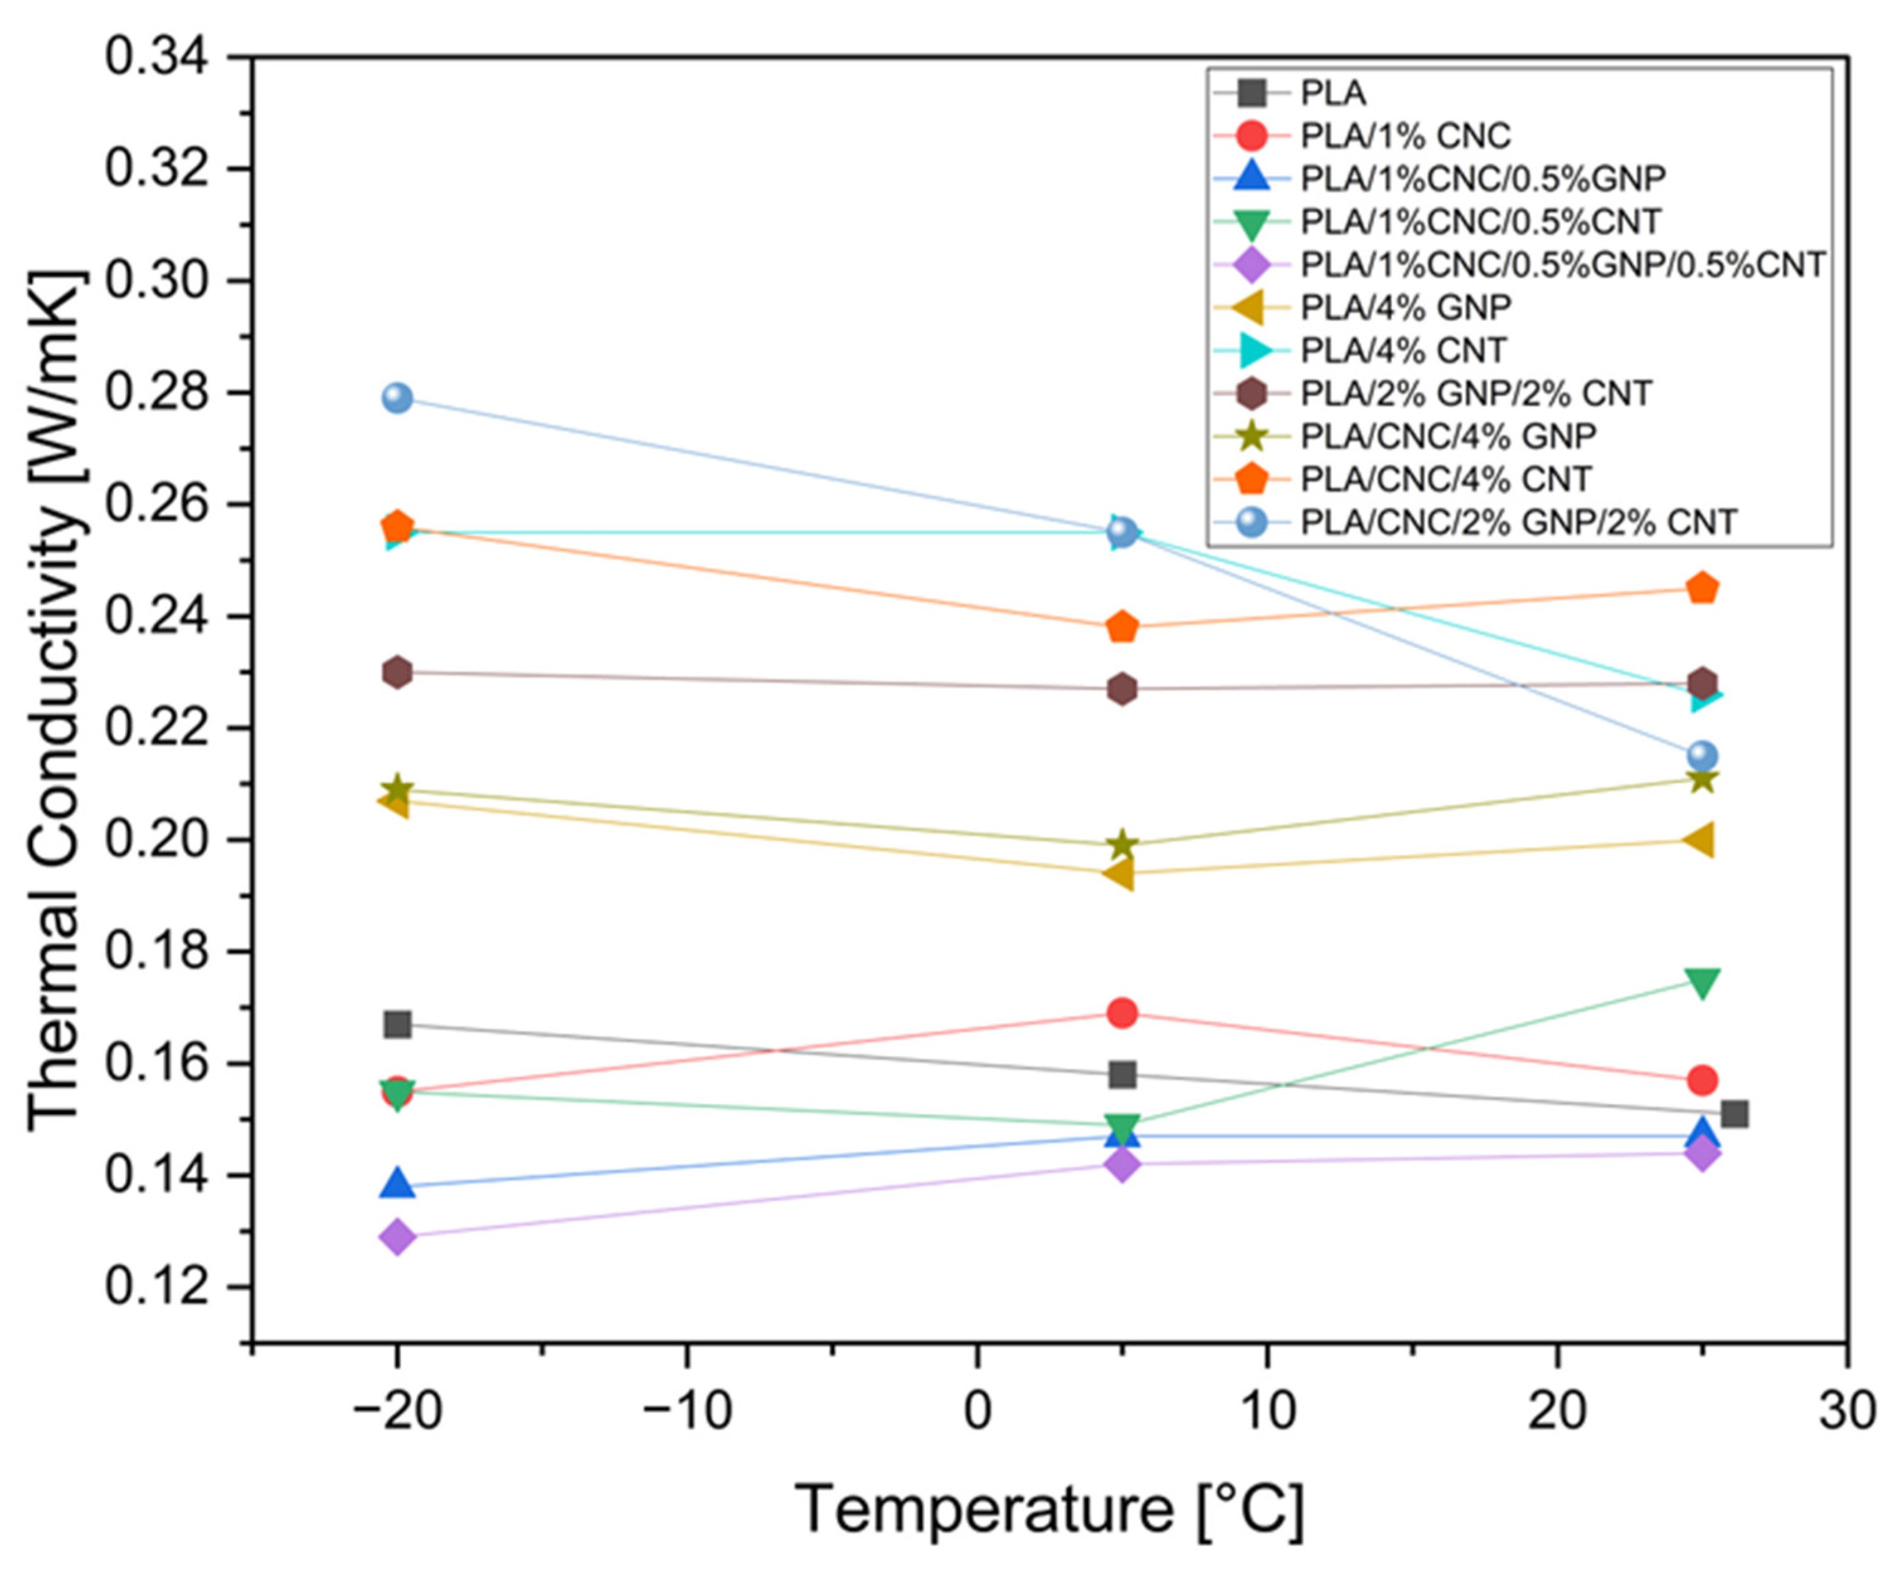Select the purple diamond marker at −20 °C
pyautogui.click(x=397, y=1236)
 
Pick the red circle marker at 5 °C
pyautogui.click(x=1122, y=1013)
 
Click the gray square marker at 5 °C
pyautogui.click(x=1122, y=1075)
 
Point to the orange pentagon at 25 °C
pyautogui.click(x=1703, y=589)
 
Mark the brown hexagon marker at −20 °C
pyautogui.click(x=397, y=672)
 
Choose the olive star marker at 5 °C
pyautogui.click(x=1122, y=845)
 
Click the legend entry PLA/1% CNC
pyautogui.click(x=1405, y=136)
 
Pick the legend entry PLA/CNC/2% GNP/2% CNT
pyautogui.click(x=1518, y=523)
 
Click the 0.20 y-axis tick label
pyautogui.click(x=155, y=840)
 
